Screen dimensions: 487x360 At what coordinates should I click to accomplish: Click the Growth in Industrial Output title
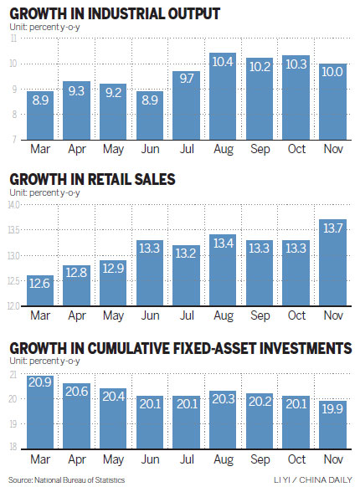[x=115, y=13]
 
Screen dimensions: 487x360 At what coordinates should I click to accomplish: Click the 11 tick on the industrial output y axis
[x=13, y=38]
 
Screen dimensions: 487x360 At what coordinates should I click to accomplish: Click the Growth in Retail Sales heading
[x=93, y=179]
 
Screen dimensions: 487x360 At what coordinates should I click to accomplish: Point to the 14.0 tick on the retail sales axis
[x=14, y=204]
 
